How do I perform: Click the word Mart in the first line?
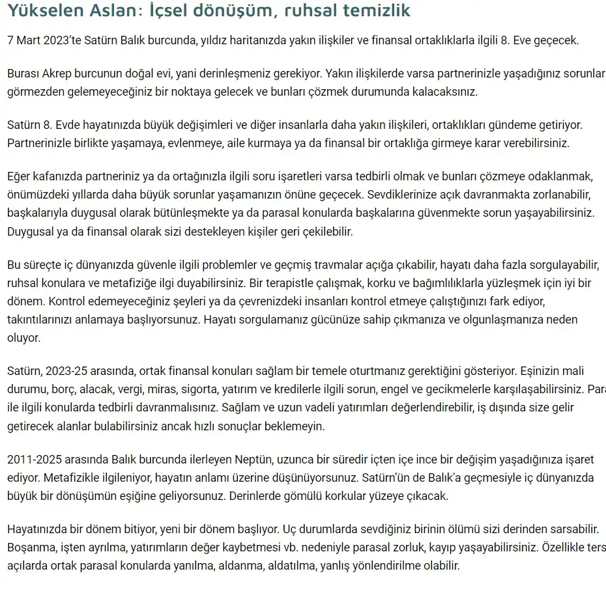pyautogui.click(x=31, y=40)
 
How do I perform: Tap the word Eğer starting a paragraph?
pyautogui.click(x=20, y=176)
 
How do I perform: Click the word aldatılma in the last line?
pyautogui.click(x=291, y=566)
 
